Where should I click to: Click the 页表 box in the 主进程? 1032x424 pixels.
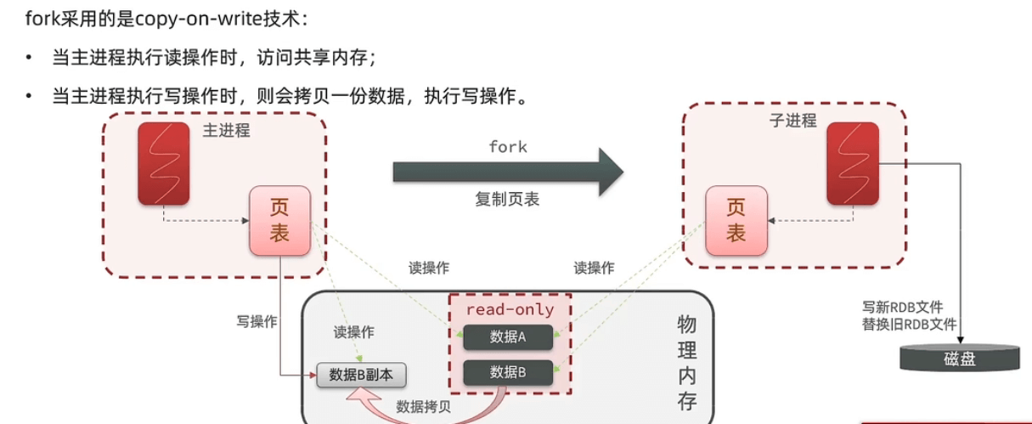pos(279,221)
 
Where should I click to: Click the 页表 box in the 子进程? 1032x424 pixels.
pos(736,221)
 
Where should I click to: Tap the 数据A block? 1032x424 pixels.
pos(508,336)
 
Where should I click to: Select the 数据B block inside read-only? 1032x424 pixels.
pos(508,371)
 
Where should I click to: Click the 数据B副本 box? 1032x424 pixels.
pos(362,374)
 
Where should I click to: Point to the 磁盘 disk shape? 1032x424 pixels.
pos(959,358)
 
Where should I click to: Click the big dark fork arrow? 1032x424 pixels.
pos(507,172)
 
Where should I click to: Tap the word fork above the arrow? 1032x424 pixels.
pos(508,147)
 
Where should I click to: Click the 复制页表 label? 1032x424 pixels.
pos(507,200)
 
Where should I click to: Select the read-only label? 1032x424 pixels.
pos(510,309)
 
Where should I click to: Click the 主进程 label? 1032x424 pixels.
pos(227,131)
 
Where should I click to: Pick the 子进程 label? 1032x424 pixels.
pos(792,121)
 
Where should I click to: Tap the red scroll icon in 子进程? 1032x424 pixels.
pos(853,163)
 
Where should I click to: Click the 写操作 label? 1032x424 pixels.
pos(257,322)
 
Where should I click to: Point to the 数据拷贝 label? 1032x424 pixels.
pos(424,406)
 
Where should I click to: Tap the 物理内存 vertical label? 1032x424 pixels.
pos(686,361)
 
